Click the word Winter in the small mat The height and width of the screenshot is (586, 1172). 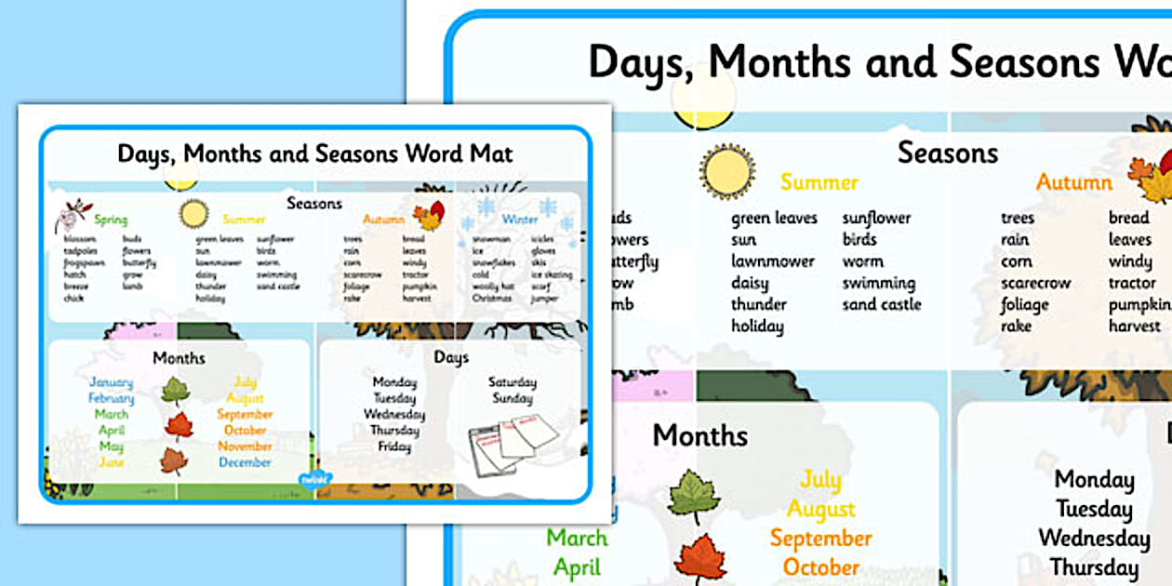coord(520,220)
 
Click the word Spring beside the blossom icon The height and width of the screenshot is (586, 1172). coord(111,220)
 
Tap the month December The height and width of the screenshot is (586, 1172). coord(246,462)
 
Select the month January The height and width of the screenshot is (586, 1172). coord(111,382)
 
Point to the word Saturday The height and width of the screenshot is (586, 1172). coord(512,382)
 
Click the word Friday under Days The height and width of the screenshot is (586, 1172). coord(394,446)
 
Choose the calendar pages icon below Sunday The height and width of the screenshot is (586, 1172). coord(512,438)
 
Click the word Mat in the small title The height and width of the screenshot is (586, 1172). coord(492,153)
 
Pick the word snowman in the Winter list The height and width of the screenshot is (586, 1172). coord(489,239)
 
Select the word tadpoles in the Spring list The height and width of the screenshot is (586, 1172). coord(79,251)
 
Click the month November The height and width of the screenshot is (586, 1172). coord(245,446)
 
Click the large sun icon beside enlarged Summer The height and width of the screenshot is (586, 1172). coord(727,172)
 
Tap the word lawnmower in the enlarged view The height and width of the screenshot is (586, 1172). coord(772,261)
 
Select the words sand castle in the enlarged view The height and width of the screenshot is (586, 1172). coord(881,304)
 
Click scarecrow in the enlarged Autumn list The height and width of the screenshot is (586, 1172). coord(1035,283)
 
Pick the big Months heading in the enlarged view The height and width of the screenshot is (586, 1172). coord(699,435)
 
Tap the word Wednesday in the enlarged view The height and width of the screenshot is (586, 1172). coord(1094,538)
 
